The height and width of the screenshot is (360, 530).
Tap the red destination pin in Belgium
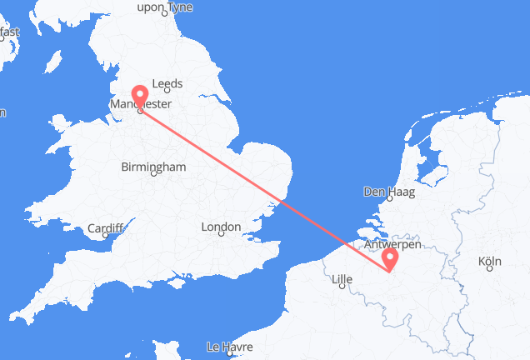390,258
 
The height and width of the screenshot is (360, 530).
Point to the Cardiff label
105,227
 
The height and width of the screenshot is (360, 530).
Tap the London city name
220,227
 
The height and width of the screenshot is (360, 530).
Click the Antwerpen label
392,245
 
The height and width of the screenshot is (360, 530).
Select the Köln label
490,262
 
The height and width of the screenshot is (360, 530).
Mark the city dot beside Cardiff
106,236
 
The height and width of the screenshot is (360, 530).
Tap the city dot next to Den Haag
387,200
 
